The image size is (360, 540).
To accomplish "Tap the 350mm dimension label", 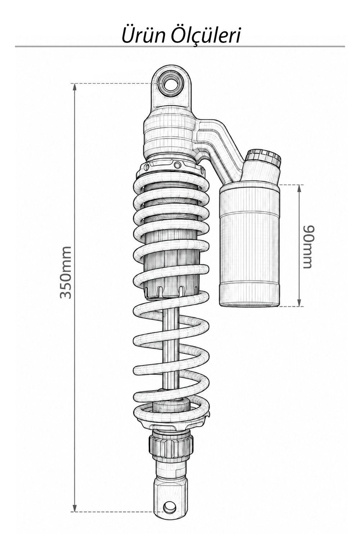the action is pos(66,273).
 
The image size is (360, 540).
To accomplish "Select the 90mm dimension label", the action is pos(309,247).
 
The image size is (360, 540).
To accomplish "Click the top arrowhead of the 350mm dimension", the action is pos(75,87).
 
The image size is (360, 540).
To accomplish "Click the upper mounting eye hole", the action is pos(171,84).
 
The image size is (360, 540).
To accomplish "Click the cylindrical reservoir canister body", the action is pos(249,246).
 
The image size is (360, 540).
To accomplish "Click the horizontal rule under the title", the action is pos(180,46).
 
